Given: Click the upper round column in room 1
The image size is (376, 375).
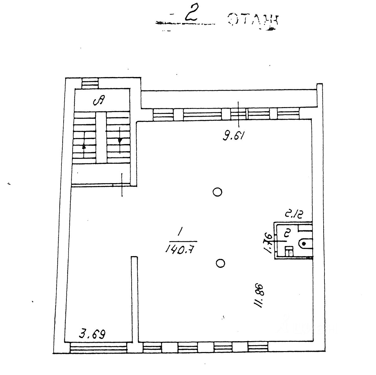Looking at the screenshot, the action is click(x=217, y=192).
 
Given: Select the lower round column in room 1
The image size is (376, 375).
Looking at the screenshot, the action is click(x=220, y=264).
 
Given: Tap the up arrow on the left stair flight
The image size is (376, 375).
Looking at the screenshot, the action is click(x=84, y=146).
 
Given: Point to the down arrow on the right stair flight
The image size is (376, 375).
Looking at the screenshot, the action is click(x=120, y=141).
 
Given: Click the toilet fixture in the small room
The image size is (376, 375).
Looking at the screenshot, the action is click(x=306, y=244).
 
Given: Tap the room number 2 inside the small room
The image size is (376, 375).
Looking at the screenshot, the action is click(x=287, y=233).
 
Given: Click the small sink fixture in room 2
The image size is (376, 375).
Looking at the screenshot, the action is click(x=289, y=251).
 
